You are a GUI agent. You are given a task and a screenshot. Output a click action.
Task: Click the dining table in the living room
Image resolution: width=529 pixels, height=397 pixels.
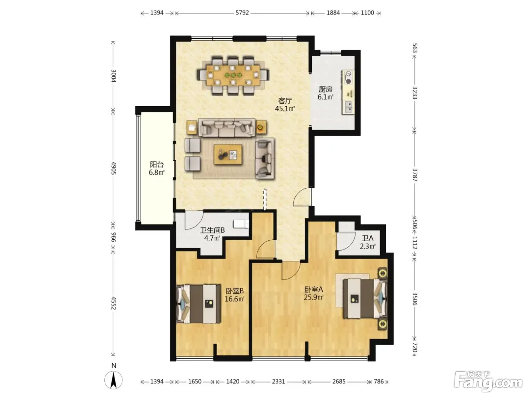(233, 75)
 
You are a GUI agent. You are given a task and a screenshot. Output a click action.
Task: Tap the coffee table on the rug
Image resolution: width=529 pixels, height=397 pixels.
(228, 155)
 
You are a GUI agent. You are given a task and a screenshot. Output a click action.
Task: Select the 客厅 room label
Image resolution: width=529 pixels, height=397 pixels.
(285, 101)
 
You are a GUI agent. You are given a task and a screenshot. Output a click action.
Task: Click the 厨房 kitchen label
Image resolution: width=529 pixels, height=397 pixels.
(326, 90)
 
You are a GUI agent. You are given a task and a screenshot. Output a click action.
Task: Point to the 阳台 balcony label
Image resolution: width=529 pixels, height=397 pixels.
(157, 164)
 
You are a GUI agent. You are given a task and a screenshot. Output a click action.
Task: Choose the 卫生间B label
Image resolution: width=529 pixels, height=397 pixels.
(212, 230)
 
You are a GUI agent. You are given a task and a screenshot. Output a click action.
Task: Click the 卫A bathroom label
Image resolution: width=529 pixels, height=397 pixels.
(368, 239)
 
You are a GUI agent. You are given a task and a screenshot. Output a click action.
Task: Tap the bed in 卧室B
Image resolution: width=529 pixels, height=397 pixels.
(199, 304)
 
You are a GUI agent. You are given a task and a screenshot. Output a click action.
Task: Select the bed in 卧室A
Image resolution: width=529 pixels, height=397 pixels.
(365, 298)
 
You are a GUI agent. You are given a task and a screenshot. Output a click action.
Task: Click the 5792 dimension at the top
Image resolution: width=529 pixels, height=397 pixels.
(242, 13)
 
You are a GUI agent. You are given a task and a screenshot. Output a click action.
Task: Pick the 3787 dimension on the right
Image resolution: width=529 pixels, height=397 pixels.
(415, 175)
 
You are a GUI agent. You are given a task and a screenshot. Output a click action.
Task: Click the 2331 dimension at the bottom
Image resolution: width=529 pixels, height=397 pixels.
(278, 381)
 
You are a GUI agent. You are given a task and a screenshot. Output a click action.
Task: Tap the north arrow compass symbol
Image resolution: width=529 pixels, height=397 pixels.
(113, 380)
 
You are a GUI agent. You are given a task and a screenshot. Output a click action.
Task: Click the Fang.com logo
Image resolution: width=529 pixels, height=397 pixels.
(488, 381)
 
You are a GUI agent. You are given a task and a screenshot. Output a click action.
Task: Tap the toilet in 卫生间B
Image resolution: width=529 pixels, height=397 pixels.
(241, 224)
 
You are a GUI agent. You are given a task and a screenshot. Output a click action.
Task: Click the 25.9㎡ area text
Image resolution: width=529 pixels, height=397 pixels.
(314, 297)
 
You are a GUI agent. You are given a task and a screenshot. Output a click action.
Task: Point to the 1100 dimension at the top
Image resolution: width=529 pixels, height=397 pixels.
(367, 13)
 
